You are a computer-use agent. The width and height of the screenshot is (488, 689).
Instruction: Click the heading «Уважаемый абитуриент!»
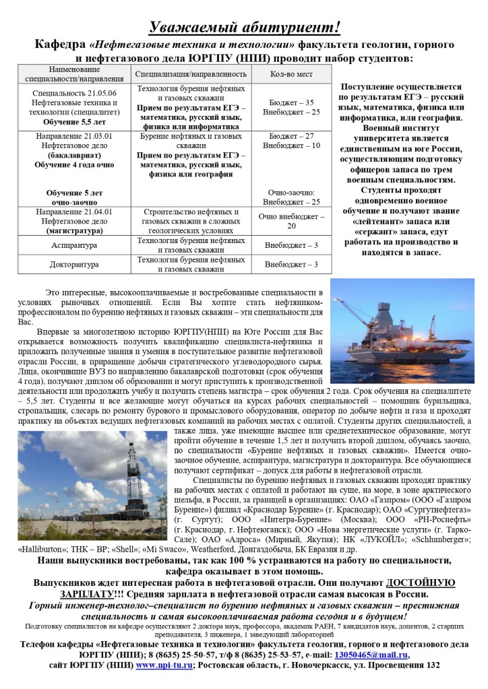click(244, 28)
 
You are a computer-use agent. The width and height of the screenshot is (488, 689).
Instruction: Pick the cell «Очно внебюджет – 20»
click(291, 220)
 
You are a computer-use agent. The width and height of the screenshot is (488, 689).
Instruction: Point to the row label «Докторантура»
click(75, 265)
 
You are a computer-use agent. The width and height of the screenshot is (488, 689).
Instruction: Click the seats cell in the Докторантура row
click(291, 265)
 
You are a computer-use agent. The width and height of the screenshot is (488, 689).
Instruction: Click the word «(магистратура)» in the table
click(75, 230)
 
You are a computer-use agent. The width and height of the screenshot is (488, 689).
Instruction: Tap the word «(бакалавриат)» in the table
click(75, 154)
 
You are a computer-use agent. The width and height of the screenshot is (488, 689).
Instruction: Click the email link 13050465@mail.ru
click(377, 654)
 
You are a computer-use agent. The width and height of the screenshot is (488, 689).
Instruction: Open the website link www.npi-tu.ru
click(164, 665)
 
